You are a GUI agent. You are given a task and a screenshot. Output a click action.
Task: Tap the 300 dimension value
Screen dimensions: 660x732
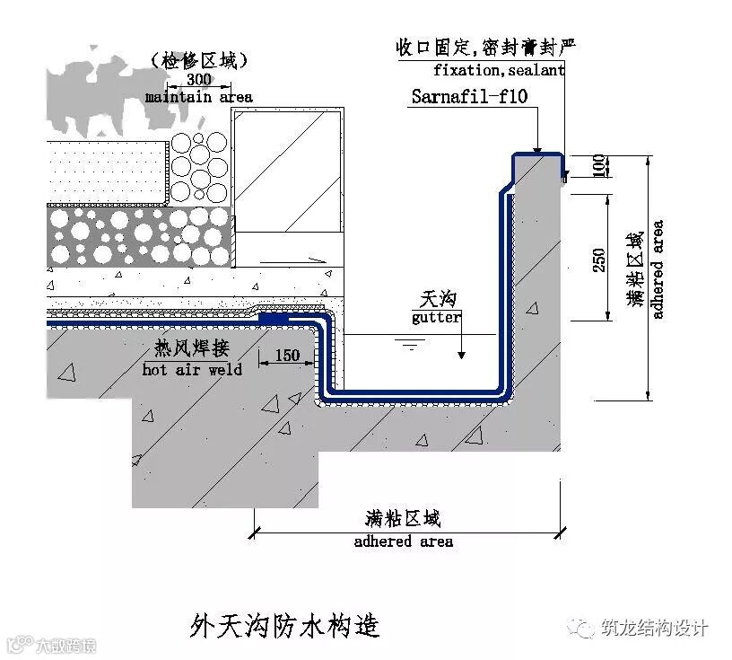click(198, 80)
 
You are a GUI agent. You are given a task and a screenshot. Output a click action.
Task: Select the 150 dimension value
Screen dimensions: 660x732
click(286, 356)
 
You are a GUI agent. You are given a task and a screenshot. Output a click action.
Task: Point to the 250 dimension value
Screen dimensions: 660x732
click(599, 259)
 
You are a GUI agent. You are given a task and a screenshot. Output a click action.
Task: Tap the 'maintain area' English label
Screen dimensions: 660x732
click(198, 96)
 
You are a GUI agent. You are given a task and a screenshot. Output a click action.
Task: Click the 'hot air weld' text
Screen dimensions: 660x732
click(192, 369)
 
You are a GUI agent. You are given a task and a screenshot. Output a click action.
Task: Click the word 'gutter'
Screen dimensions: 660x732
click(437, 317)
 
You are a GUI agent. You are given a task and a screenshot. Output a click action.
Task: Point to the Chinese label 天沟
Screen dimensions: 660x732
click(437, 299)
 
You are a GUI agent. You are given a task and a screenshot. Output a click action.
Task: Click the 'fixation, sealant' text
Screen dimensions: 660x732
click(499, 69)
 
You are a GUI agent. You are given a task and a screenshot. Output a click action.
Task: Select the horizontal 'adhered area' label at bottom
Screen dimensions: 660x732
click(403, 541)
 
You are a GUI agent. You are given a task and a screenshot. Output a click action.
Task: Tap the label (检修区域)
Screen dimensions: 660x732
click(199, 60)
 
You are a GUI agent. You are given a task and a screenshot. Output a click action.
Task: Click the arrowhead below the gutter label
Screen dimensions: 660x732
click(461, 354)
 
